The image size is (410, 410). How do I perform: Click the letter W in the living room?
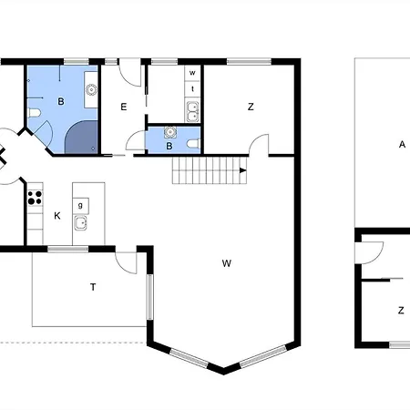pyautogui.click(x=226, y=264)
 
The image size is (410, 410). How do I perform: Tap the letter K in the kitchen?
pyautogui.click(x=56, y=216)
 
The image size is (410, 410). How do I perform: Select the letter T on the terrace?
pyautogui.click(x=93, y=287)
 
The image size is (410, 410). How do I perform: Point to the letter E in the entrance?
pyautogui.click(x=123, y=107)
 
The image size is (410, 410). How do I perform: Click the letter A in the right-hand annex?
pyautogui.click(x=401, y=144)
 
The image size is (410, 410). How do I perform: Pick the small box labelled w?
pyautogui.click(x=193, y=73)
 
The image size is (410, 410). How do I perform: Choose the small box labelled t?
pyautogui.click(x=193, y=88)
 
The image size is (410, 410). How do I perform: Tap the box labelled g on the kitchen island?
pyautogui.click(x=80, y=204)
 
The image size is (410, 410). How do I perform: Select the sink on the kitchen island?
pyautogui.click(x=80, y=222)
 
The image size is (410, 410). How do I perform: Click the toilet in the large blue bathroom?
pyautogui.click(x=34, y=112)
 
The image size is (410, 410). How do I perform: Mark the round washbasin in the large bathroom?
pyautogui.click(x=91, y=89)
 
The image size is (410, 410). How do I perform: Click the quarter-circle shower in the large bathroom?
pyautogui.click(x=81, y=136)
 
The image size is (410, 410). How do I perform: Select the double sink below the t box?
pyautogui.click(x=193, y=112)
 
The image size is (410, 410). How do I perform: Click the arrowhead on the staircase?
pyautogui.click(x=242, y=169)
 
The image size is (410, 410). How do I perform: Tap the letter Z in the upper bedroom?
pyautogui.click(x=250, y=107)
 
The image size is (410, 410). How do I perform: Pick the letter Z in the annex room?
pyautogui.click(x=400, y=310)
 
